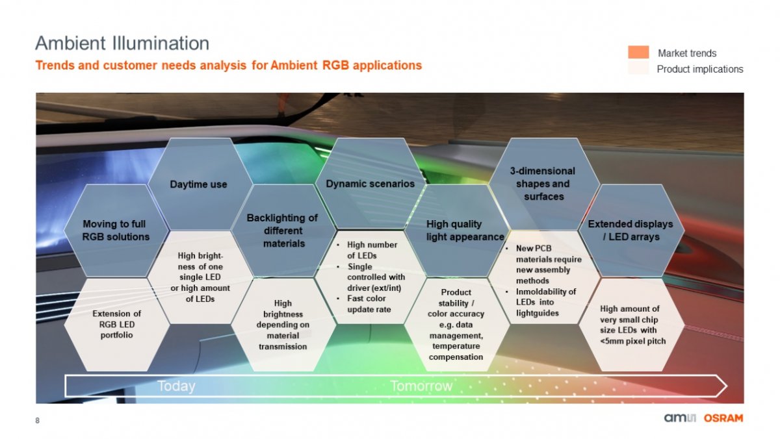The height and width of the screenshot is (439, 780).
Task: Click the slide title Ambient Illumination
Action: (x=122, y=44)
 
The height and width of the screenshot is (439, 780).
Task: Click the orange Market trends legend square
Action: (x=638, y=52)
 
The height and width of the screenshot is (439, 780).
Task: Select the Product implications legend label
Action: (x=700, y=69)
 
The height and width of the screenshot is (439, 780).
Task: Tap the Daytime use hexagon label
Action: (x=198, y=184)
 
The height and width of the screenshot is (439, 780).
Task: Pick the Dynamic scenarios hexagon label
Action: (x=370, y=184)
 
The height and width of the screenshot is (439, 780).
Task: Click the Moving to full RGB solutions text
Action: (x=115, y=231)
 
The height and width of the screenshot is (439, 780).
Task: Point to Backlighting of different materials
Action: (x=282, y=231)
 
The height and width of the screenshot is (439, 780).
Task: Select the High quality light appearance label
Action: (x=465, y=231)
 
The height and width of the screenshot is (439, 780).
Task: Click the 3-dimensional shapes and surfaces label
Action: (x=543, y=184)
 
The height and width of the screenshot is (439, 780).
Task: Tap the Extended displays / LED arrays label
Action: (x=630, y=231)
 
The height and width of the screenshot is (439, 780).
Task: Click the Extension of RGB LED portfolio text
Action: (x=116, y=324)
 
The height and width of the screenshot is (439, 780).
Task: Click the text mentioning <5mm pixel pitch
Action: (x=632, y=325)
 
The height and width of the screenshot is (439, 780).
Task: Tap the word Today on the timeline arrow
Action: (x=176, y=386)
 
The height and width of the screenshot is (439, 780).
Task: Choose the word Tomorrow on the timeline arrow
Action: (x=421, y=386)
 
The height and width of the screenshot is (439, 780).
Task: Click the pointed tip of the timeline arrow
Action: (x=727, y=386)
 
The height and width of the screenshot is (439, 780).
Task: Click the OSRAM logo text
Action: (x=723, y=418)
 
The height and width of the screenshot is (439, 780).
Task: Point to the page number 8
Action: (x=37, y=421)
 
